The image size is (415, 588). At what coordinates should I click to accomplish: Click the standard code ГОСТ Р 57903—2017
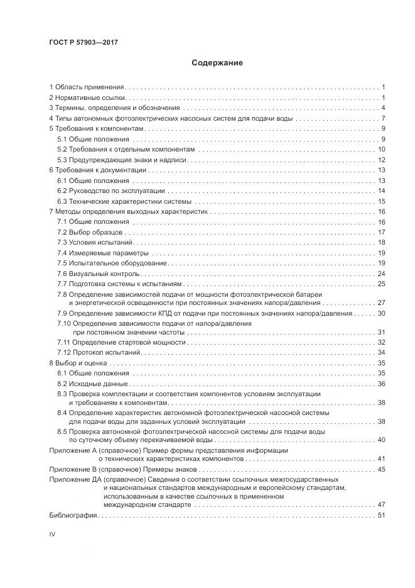(x=84, y=42)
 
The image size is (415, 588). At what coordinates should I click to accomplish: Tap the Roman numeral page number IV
(x=52, y=534)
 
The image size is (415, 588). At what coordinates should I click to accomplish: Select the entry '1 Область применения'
(x=87, y=87)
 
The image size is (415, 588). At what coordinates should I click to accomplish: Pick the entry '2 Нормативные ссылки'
(x=87, y=97)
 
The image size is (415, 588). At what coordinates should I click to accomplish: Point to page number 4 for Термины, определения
(x=382, y=108)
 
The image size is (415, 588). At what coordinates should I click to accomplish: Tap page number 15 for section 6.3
(x=380, y=201)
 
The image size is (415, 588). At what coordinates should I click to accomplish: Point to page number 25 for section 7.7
(x=380, y=284)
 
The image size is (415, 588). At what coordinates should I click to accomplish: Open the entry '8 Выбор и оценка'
(x=79, y=363)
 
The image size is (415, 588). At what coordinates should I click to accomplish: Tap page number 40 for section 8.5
(x=380, y=439)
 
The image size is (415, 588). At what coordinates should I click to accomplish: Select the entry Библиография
(x=72, y=516)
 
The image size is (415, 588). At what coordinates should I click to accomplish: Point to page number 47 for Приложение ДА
(x=380, y=505)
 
